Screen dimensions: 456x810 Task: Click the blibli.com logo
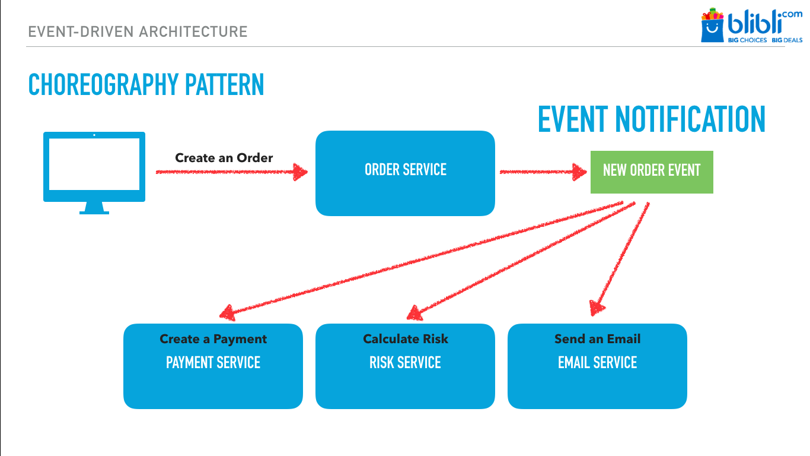(x=751, y=26)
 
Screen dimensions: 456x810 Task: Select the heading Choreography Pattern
(x=146, y=85)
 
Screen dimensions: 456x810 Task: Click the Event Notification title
(x=651, y=119)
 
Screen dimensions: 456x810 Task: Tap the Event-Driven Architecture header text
(x=138, y=31)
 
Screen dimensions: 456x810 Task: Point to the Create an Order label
(x=224, y=158)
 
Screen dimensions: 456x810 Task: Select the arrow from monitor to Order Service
(x=231, y=172)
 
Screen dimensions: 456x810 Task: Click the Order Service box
(x=405, y=173)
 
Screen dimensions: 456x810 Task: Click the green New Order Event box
(x=651, y=172)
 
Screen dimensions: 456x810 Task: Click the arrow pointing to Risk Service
(x=516, y=258)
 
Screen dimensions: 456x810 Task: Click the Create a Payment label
(x=213, y=339)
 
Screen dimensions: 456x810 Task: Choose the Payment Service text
(x=213, y=363)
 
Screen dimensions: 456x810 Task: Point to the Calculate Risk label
(x=405, y=339)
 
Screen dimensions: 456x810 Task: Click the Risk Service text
(x=405, y=363)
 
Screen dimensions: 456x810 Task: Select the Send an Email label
(x=597, y=339)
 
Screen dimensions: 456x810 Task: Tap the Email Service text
(x=597, y=363)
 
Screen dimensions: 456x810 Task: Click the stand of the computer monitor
(x=94, y=208)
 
